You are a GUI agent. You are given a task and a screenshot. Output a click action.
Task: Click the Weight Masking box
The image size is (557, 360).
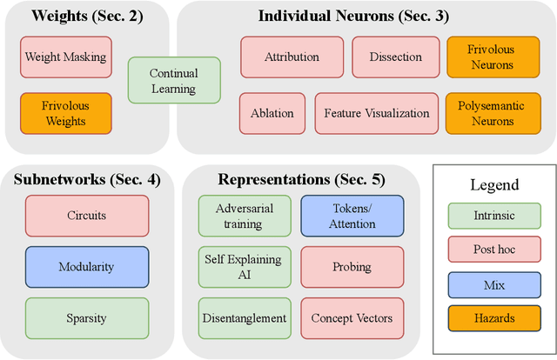pyautogui.click(x=65, y=57)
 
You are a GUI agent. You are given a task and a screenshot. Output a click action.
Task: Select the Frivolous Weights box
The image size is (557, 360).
pyautogui.click(x=65, y=113)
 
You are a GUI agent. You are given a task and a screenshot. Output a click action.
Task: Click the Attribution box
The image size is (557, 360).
pyautogui.click(x=291, y=57)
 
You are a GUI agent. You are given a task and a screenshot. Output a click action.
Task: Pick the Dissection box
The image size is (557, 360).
pyautogui.click(x=395, y=57)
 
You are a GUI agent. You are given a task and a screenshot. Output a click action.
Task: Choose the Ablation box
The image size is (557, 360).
pyautogui.click(x=272, y=113)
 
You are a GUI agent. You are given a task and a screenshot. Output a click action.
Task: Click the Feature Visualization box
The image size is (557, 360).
pyautogui.click(x=376, y=113)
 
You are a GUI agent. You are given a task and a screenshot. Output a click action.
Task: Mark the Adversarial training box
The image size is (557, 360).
pyautogui.click(x=245, y=216)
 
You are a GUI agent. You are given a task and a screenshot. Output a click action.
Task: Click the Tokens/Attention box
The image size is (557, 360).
pyautogui.click(x=352, y=216)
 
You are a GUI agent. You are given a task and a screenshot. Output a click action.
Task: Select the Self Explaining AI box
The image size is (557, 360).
pyautogui.click(x=245, y=266)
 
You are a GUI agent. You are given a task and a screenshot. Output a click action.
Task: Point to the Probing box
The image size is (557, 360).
pyautogui.click(x=352, y=266)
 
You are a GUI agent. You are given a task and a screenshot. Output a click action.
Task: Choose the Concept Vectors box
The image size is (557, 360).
pyautogui.click(x=352, y=317)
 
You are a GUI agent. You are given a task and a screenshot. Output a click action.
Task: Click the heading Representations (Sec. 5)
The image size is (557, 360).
pyautogui.click(x=301, y=180)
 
